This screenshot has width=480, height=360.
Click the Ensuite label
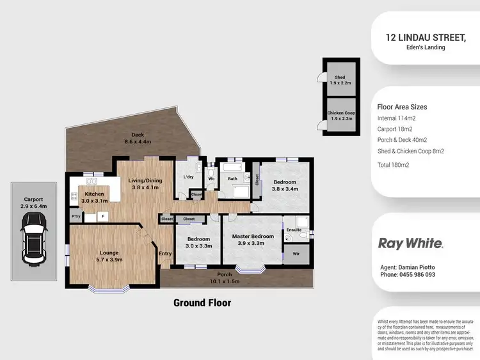tap(293, 230)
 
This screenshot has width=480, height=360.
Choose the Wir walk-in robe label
tap(295, 254)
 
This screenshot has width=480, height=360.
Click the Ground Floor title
tap(202, 302)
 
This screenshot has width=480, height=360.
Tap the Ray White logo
tap(410, 244)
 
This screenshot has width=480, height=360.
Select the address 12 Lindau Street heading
tap(426, 38)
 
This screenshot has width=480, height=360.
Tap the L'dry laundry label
tap(188, 176)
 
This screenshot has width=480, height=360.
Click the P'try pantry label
tap(77, 217)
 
